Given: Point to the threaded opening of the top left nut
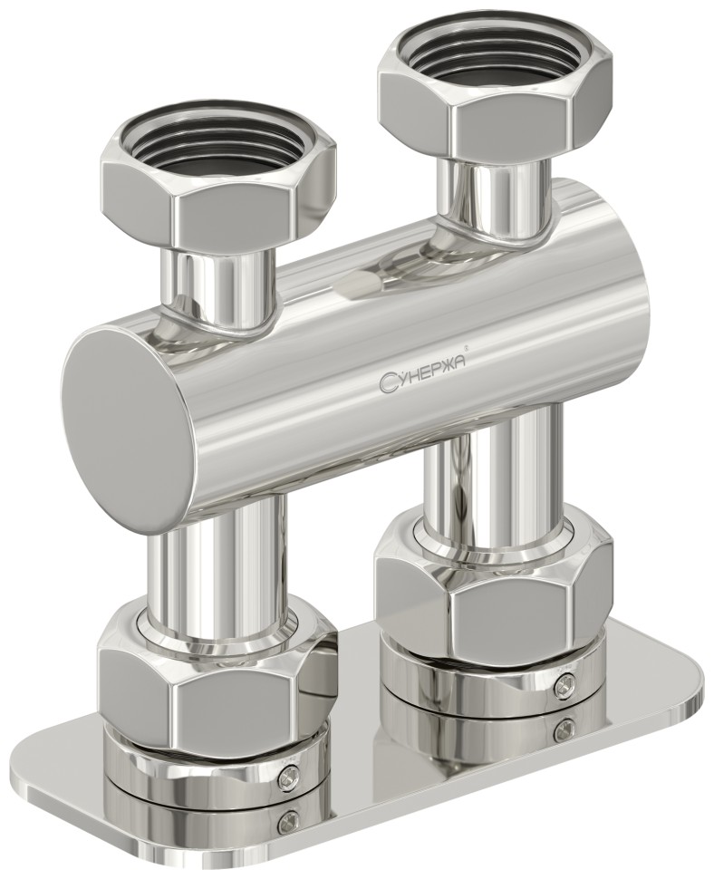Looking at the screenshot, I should [217, 150].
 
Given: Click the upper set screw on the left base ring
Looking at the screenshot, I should [289, 772].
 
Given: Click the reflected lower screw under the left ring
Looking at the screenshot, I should [289, 821].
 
